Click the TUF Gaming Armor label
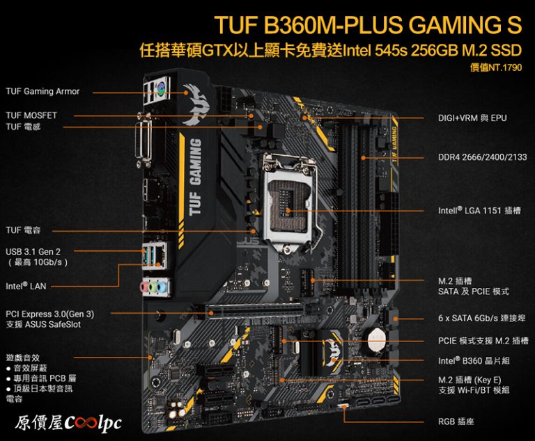click(42, 91)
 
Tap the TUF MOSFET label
click(31, 115)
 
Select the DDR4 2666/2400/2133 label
click(483, 157)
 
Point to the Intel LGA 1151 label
click(479, 210)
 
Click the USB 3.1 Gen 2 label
click(33, 252)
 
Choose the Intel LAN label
click(26, 286)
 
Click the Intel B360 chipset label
click(474, 360)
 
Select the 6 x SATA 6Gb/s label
click(482, 318)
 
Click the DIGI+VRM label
click(472, 118)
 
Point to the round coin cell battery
click(377, 339)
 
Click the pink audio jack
click(145, 287)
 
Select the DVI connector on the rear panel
click(144, 140)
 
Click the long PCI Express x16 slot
click(255, 312)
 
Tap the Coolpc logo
click(68, 423)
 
